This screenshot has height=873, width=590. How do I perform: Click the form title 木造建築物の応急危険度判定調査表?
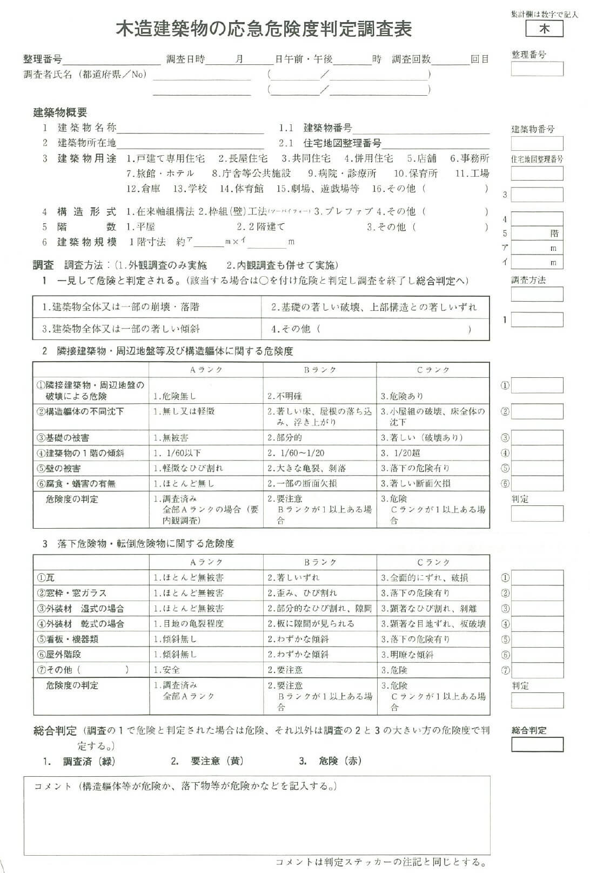264,28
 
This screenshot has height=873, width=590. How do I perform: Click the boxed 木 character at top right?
544,29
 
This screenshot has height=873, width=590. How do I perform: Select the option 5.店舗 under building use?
421,158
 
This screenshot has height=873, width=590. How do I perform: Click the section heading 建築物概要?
60,112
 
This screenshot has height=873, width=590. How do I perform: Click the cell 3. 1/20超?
400,453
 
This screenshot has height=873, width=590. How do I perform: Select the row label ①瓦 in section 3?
45,578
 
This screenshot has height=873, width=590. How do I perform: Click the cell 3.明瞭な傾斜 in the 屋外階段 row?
407,655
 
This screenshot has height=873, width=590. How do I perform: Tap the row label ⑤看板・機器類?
67,639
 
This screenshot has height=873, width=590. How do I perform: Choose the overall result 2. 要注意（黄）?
207,761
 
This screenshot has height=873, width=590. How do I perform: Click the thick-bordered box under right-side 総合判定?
537,745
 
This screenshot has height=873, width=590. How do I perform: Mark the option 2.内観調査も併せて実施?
282,265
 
